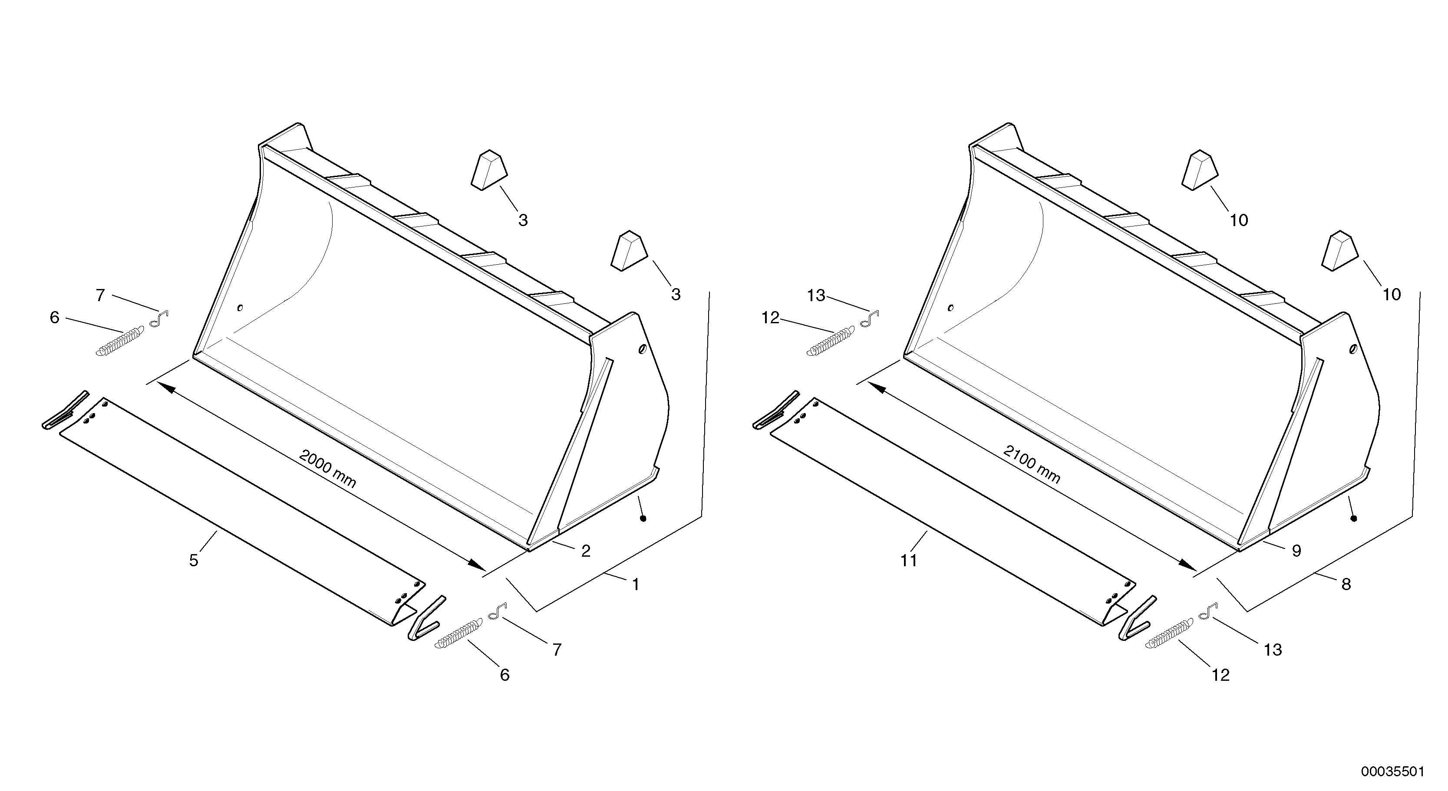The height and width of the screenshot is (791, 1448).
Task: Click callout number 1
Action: (x=635, y=585)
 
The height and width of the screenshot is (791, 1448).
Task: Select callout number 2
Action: (x=586, y=551)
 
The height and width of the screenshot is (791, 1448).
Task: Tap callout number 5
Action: (x=193, y=561)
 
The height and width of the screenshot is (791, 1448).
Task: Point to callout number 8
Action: (x=1346, y=585)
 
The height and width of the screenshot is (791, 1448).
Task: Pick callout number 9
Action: (x=1296, y=551)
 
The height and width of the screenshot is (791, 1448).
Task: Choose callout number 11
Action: (x=908, y=561)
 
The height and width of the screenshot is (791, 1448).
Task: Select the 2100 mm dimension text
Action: (x=1032, y=465)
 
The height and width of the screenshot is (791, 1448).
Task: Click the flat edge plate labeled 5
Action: (x=242, y=505)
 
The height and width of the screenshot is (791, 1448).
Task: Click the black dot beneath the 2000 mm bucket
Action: (x=643, y=519)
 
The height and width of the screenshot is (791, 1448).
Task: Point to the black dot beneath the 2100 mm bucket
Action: (x=1354, y=519)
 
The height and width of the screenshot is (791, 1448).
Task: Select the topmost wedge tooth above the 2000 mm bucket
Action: (x=488, y=170)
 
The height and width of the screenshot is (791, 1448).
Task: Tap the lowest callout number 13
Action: (x=1273, y=650)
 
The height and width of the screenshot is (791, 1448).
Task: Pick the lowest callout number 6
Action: (x=504, y=675)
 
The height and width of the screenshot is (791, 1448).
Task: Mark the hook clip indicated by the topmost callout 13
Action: (x=870, y=319)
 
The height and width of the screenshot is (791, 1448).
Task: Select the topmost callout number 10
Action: (x=1239, y=220)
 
